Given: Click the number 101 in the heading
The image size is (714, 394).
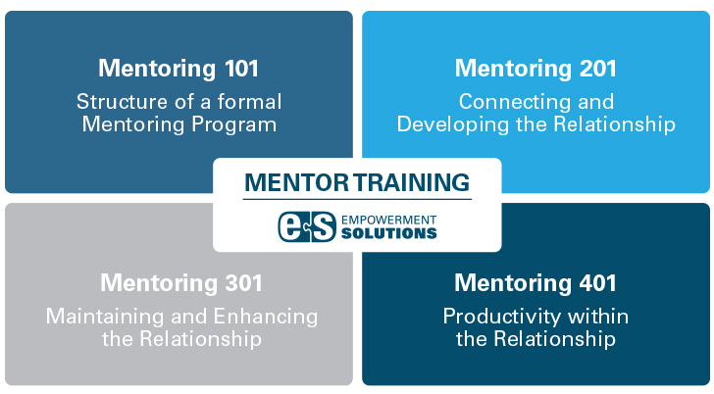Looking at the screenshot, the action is (242, 69).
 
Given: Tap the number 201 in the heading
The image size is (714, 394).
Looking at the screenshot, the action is (599, 69).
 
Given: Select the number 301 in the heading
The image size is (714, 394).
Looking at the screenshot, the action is (244, 283).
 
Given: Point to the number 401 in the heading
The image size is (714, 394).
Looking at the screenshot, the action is (598, 283).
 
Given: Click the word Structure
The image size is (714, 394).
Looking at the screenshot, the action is (122, 102).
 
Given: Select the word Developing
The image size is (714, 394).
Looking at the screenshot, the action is (453, 124).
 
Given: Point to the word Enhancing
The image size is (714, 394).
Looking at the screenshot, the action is (266, 317).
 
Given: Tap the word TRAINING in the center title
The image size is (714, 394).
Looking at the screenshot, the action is (412, 182).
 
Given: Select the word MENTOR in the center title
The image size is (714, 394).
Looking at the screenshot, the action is (296, 182).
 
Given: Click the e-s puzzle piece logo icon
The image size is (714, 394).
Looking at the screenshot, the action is (307, 226).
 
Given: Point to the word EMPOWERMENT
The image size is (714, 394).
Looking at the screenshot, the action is (388, 221).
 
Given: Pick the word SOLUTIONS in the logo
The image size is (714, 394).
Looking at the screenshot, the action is (388, 233).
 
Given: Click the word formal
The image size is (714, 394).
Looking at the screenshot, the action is (249, 102).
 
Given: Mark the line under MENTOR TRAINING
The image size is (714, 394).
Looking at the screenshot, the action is (357, 199).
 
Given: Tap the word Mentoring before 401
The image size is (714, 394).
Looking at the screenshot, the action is (513, 284).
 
